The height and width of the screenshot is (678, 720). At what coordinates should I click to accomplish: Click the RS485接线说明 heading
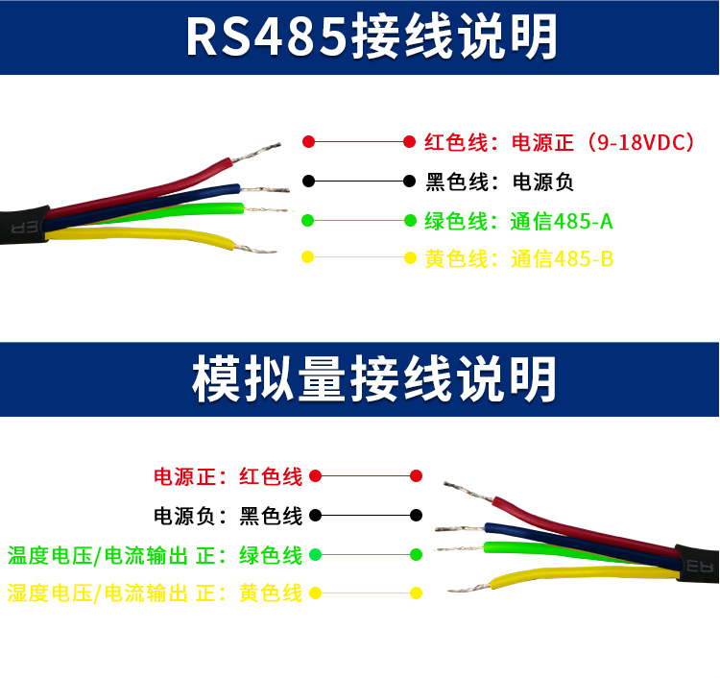coord(372,36)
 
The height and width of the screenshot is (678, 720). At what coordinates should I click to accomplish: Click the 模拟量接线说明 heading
coord(373,379)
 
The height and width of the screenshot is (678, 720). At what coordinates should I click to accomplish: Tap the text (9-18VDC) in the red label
coord(639,142)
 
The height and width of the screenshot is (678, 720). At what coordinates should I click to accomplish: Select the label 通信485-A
coord(562,222)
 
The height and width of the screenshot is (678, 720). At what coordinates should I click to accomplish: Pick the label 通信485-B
coord(562,258)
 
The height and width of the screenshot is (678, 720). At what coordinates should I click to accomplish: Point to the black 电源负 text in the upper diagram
coord(542,182)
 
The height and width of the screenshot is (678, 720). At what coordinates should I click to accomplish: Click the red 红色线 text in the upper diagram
coord(455,142)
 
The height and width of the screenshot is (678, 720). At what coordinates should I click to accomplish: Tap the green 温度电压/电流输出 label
coord(97,556)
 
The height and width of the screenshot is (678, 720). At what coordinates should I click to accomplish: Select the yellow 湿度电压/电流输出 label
coord(97,593)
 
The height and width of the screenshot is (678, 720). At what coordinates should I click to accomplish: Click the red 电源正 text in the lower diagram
coord(184,476)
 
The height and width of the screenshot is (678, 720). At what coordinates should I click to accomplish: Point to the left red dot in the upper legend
coord(308,141)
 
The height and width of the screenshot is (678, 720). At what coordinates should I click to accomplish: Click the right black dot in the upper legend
coord(410,181)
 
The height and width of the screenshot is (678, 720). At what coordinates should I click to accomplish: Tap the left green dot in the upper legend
coord(307,221)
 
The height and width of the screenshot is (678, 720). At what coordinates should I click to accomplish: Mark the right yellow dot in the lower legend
coord(416,593)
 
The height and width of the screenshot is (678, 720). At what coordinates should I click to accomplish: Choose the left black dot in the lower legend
coord(316,515)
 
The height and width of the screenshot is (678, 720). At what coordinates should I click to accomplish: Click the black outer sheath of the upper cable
coord(24,226)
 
